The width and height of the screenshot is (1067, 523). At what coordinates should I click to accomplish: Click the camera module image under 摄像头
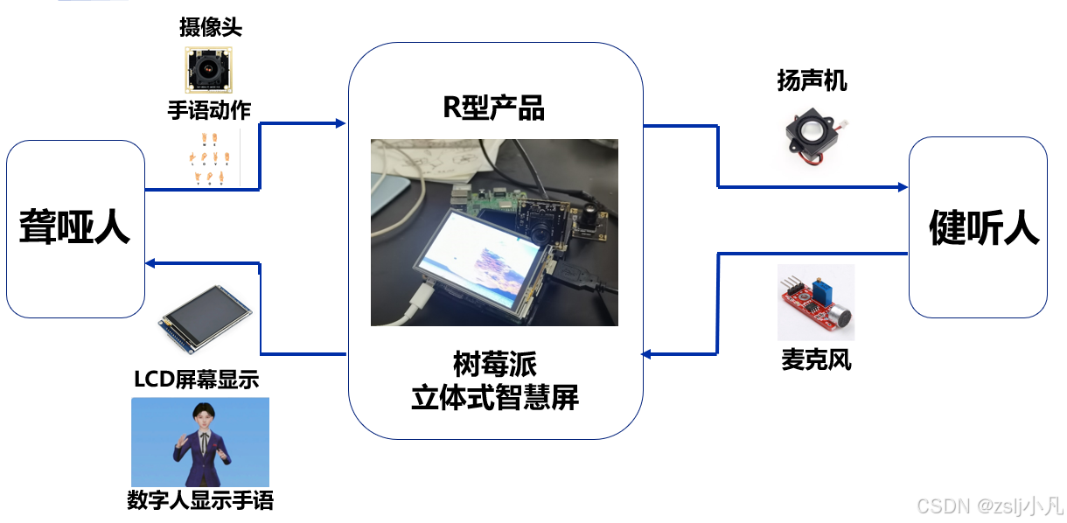point(210,70)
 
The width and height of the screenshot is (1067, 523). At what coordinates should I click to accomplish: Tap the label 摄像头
point(210,28)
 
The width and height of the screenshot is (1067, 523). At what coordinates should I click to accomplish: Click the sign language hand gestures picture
point(210,157)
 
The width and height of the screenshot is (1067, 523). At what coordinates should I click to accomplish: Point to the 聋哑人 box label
point(74,228)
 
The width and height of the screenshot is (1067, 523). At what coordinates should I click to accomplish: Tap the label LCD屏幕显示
point(197,380)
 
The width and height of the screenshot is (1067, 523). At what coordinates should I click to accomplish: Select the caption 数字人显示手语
point(200,501)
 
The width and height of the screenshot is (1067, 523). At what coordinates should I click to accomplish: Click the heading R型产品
point(494,108)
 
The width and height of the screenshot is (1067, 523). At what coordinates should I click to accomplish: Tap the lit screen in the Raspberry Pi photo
point(480,254)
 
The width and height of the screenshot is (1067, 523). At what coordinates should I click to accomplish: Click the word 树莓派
point(495,362)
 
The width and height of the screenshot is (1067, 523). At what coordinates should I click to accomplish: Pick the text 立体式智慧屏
point(495,398)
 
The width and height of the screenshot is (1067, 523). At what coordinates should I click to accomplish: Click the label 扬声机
point(812,81)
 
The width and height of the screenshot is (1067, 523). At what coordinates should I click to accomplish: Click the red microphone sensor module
point(815,302)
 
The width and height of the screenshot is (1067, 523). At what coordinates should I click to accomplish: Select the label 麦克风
point(816,359)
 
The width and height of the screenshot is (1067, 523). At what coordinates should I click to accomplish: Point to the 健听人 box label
point(983,228)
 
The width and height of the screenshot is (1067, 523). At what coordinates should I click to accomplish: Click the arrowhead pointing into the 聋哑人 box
point(150,262)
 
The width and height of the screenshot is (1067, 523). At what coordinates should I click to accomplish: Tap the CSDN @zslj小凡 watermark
point(988,506)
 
